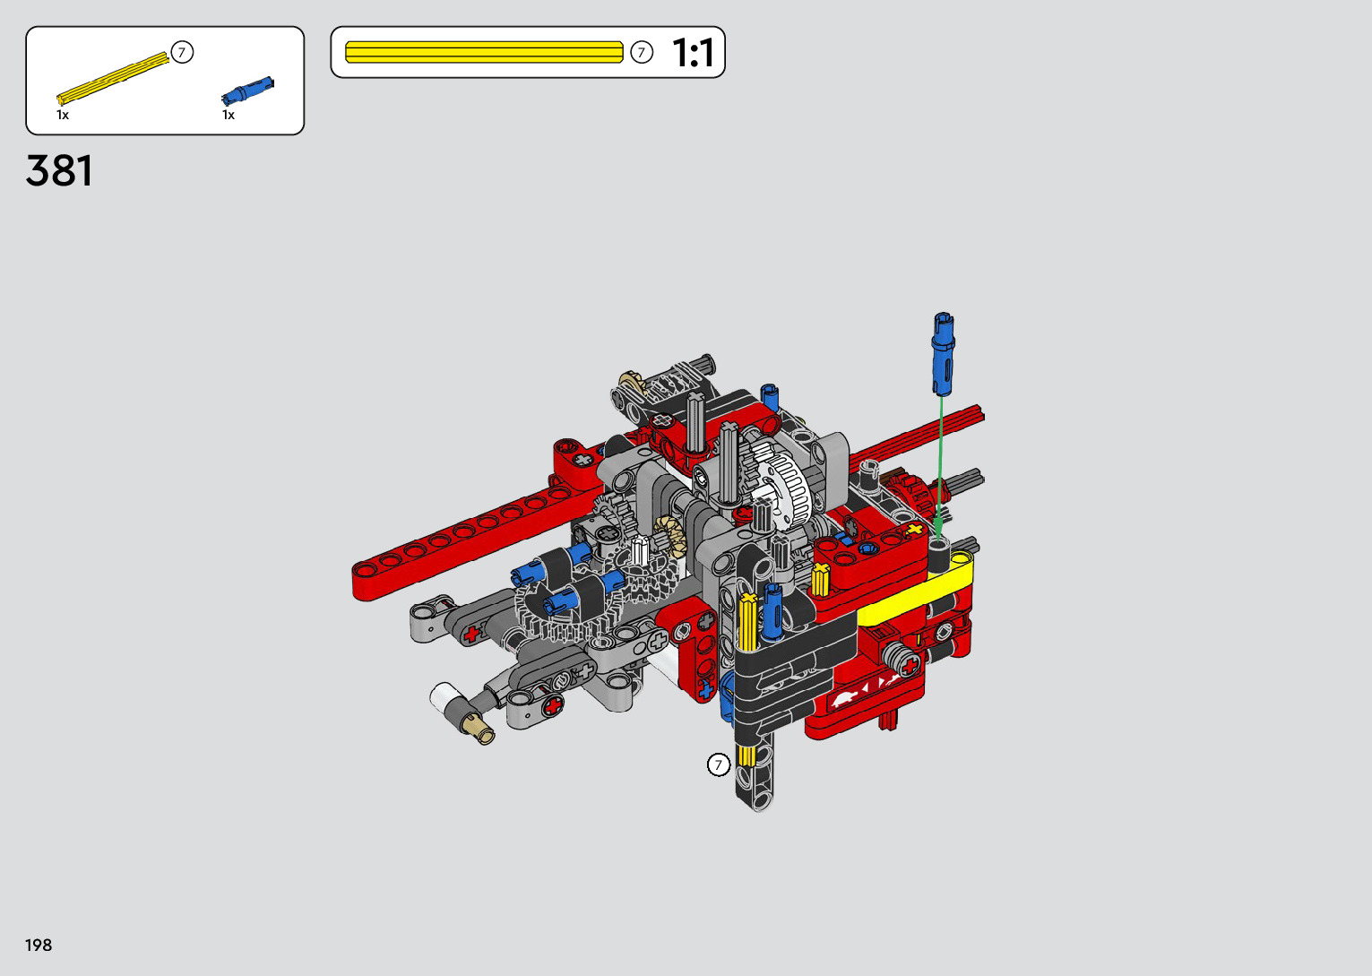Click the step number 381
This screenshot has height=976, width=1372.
tap(59, 170)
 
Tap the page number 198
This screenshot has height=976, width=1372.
tap(39, 945)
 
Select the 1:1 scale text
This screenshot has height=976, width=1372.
tap(693, 53)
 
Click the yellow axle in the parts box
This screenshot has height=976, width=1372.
tap(113, 78)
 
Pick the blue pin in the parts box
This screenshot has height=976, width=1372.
tap(247, 91)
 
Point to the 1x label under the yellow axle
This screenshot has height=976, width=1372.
tap(63, 116)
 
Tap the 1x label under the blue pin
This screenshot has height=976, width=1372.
tap(229, 116)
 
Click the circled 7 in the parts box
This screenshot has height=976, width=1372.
tap(182, 52)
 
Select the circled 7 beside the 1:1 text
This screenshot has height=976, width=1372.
tap(642, 53)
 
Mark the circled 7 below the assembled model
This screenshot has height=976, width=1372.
tap(719, 764)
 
